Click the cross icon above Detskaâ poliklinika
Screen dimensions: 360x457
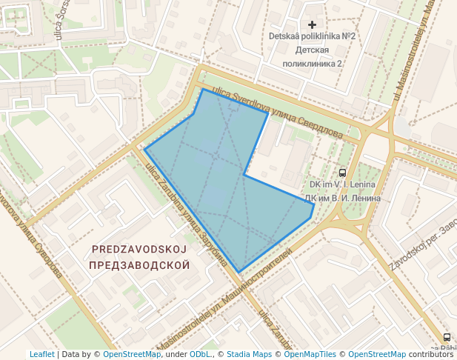(312, 25)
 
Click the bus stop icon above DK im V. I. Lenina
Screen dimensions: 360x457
(341, 172)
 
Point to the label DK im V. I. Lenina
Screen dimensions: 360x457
(341, 184)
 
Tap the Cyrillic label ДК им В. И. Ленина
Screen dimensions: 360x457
(342, 198)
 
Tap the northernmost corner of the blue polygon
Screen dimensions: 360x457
(202, 90)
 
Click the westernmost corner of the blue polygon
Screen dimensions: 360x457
(145, 150)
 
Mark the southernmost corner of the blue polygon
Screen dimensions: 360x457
(238, 271)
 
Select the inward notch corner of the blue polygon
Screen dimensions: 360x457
(244, 175)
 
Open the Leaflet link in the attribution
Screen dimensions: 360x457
(41, 355)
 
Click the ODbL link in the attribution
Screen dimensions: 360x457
(201, 355)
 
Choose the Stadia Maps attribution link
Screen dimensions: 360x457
(249, 355)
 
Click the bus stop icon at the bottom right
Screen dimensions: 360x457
(446, 337)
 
